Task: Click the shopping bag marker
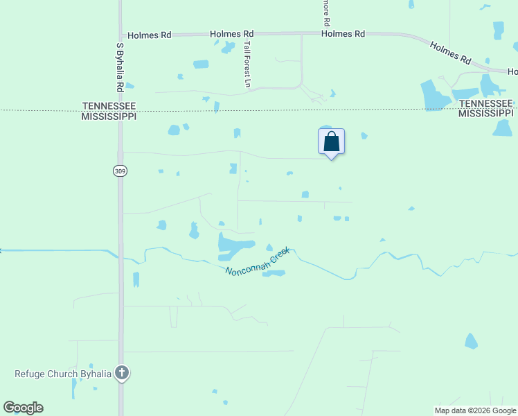[332, 141]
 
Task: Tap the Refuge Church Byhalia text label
[63, 374]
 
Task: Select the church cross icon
[122, 374]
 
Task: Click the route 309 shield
[119, 169]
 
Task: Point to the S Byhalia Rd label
[120, 67]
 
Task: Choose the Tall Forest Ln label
[247, 64]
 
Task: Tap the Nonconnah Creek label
[256, 261]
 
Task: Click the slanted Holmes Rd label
[450, 53]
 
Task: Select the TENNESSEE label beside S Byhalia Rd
[109, 106]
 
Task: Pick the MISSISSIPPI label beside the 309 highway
[109, 116]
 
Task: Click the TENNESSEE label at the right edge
[486, 103]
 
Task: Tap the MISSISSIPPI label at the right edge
[486, 113]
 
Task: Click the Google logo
[23, 408]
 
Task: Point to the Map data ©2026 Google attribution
[476, 410]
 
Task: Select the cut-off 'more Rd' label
[325, 12]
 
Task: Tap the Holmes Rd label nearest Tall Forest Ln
[232, 33]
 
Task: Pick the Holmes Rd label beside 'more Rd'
[343, 33]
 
